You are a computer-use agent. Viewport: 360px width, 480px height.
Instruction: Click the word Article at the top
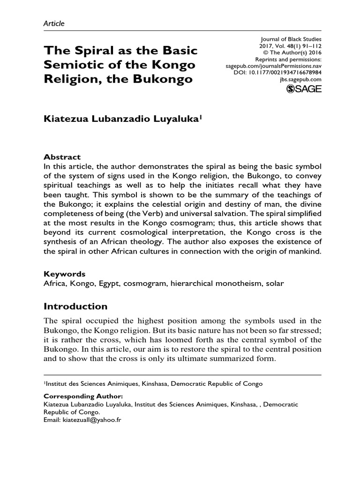(54, 23)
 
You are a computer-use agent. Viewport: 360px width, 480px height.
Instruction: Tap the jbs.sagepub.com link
(298, 80)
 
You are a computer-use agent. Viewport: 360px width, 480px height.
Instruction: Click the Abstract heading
(62, 157)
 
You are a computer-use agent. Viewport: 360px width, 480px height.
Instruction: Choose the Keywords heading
(64, 273)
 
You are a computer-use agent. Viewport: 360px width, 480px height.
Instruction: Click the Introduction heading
(75, 306)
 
